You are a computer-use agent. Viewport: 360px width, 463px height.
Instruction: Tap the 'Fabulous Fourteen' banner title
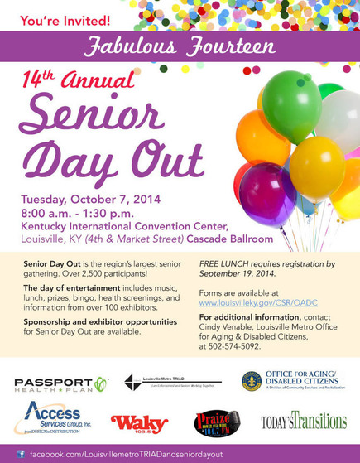(x=179, y=46)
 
